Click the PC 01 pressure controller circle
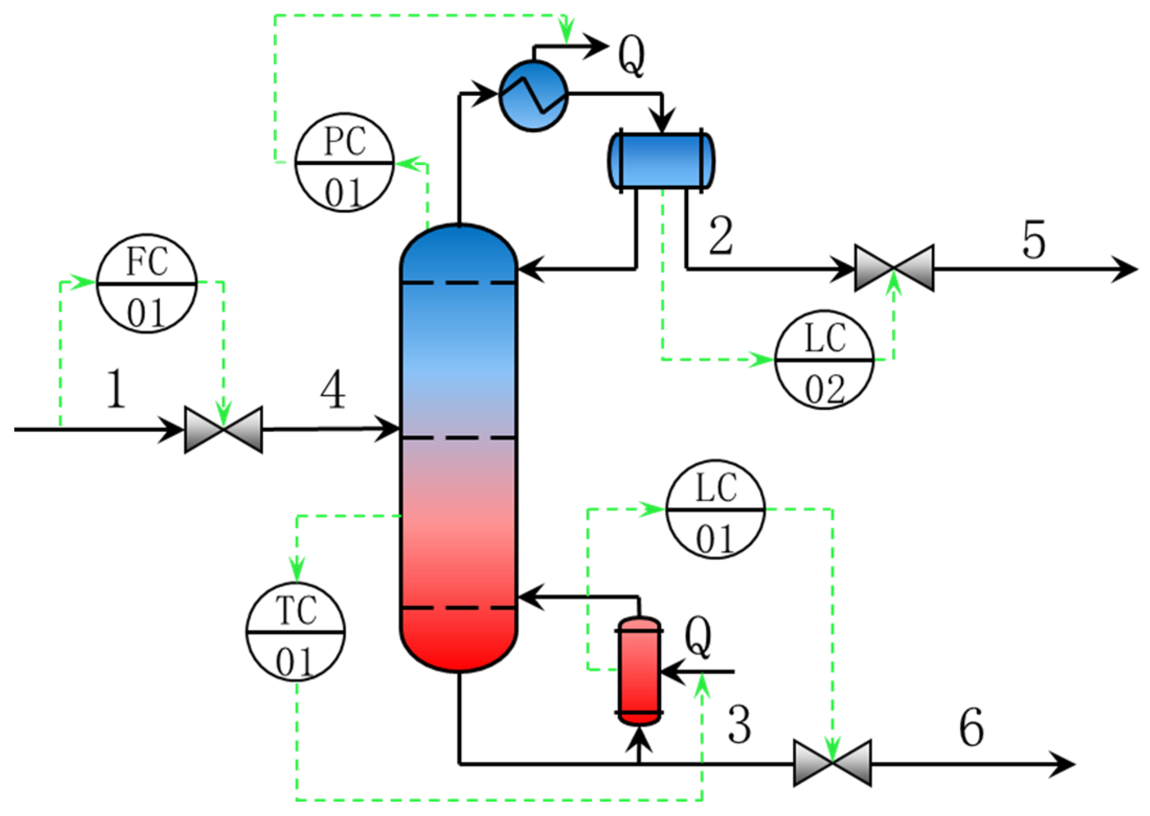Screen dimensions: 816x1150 pyautogui.click(x=344, y=163)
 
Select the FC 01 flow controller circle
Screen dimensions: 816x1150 pyautogui.click(x=146, y=283)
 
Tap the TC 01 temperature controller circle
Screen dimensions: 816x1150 pyautogui.click(x=296, y=632)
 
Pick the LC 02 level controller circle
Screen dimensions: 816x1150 pyautogui.click(x=824, y=360)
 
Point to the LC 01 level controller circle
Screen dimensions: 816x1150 pyautogui.click(x=715, y=509)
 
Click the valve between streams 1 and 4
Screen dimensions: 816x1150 pyautogui.click(x=223, y=429)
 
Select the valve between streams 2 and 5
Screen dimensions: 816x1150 pyautogui.click(x=894, y=268)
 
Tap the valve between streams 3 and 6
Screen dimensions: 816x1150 pyautogui.click(x=832, y=763)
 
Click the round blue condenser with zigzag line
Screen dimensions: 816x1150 pyautogui.click(x=533, y=95)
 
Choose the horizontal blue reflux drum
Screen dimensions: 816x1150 pyautogui.click(x=661, y=161)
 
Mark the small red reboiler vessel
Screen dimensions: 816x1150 pyautogui.click(x=639, y=672)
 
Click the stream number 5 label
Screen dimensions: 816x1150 pyautogui.click(x=1033, y=240)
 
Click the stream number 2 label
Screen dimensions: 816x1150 pyautogui.click(x=720, y=236)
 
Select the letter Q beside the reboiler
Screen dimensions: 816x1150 pyautogui.click(x=697, y=636)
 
